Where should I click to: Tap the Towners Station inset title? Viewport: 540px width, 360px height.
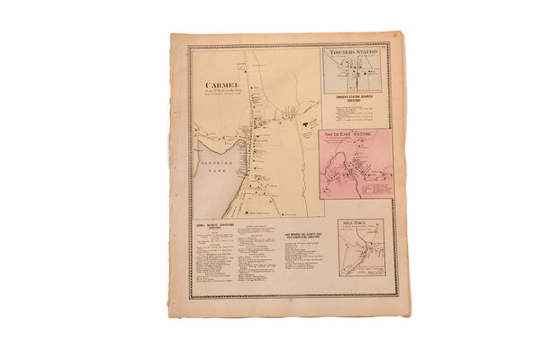pos(356,53)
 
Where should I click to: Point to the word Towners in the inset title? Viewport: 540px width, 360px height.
pos(343,53)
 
